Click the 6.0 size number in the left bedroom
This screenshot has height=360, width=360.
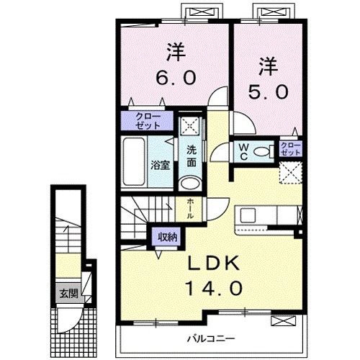(173, 76)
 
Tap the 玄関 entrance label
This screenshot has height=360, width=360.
(66, 293)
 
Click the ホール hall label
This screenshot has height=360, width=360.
(190, 208)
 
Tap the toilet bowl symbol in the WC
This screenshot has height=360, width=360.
(264, 151)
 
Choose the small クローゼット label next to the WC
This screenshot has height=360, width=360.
(289, 150)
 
